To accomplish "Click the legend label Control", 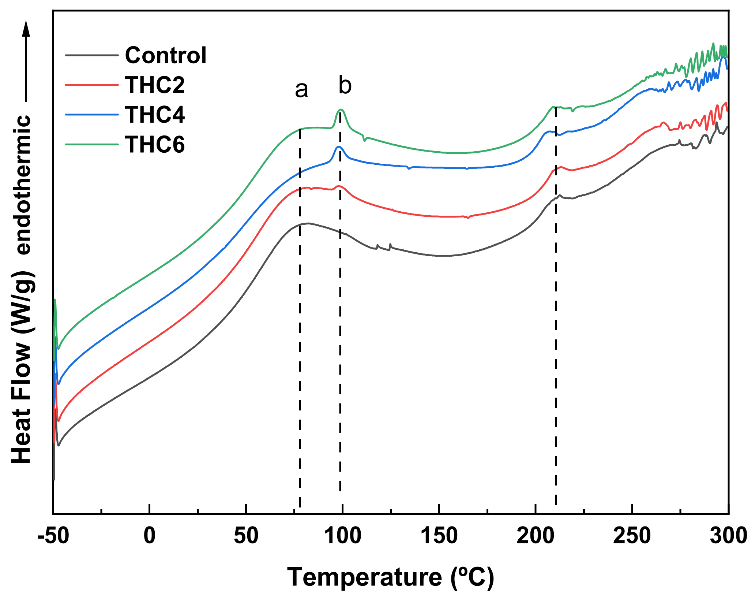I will pyautogui.click(x=166, y=55).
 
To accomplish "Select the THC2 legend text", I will pyautogui.click(x=155, y=85).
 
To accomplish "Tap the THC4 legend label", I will pyautogui.click(x=155, y=115).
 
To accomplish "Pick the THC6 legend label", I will pyautogui.click(x=155, y=144).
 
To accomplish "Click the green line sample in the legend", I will pyautogui.click(x=92, y=144).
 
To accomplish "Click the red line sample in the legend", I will pyautogui.click(x=92, y=85).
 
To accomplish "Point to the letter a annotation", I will pyautogui.click(x=301, y=89).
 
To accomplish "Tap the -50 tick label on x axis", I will pyautogui.click(x=53, y=536).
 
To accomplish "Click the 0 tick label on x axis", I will pyautogui.click(x=150, y=536).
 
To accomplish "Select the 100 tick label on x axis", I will pyautogui.click(x=343, y=536).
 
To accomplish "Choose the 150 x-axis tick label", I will pyautogui.click(x=439, y=536).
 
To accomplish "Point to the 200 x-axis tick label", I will pyautogui.click(x=536, y=536).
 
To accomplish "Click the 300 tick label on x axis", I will pyautogui.click(x=728, y=536).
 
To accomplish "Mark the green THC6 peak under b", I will pyautogui.click(x=341, y=109).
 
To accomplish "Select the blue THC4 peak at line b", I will pyautogui.click(x=339, y=147).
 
